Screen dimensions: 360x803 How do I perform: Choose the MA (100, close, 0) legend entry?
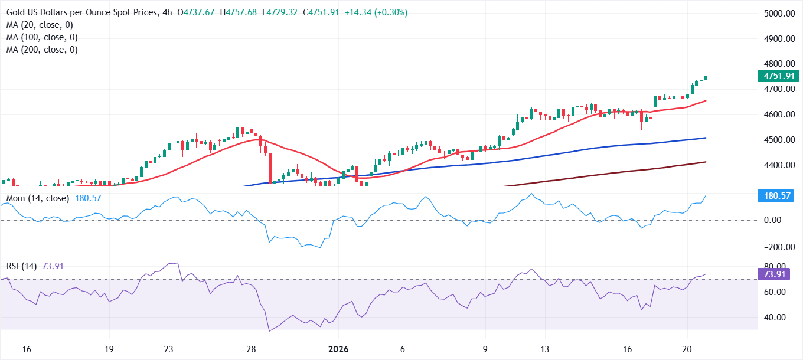42,37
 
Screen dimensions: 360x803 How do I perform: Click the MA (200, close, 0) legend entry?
42,50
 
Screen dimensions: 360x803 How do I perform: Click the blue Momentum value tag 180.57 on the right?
776,196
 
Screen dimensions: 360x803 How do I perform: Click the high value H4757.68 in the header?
234,12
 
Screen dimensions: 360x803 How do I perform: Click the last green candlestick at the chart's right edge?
706,78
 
